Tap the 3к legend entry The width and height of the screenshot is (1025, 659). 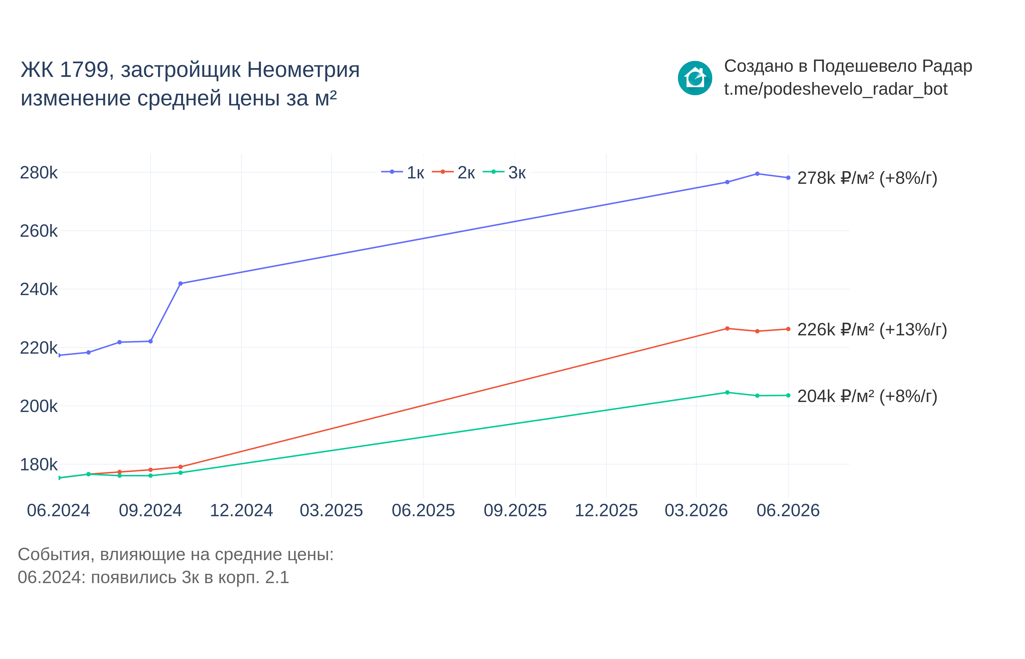coord(504,173)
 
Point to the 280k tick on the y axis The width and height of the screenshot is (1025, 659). coord(39,173)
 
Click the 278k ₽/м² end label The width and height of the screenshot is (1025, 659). coord(867,178)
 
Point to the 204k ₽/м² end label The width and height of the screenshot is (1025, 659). coord(867,396)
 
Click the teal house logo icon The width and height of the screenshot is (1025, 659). coord(695,78)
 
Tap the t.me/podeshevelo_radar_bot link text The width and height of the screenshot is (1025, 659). coord(835,89)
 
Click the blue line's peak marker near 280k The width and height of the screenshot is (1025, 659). coord(757,174)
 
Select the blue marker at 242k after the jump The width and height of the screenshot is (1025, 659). coord(181,284)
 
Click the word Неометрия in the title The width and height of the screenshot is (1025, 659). coord(303,70)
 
